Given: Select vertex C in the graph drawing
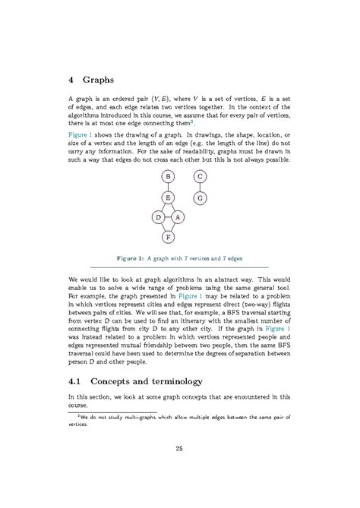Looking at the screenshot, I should pos(199,177).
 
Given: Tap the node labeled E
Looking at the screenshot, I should pos(167,197).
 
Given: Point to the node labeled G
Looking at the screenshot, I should pos(199,197).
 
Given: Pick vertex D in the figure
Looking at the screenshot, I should pos(157,218).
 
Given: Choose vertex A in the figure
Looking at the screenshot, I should pos(178,218).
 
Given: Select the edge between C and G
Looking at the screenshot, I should pos(199,187).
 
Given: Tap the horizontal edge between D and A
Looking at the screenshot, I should pos(167,218).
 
